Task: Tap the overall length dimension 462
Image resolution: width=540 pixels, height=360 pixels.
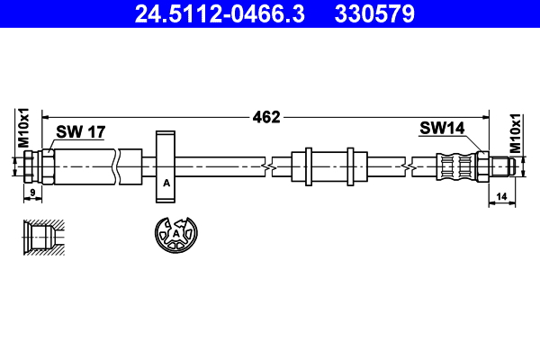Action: (266, 116)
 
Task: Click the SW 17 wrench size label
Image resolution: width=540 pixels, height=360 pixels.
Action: (81, 132)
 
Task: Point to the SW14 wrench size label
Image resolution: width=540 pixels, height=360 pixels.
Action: (441, 129)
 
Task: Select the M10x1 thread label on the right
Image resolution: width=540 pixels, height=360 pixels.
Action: (516, 132)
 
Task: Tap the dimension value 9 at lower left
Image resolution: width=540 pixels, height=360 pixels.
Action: (31, 192)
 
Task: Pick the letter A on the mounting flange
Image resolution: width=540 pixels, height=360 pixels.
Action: (166, 184)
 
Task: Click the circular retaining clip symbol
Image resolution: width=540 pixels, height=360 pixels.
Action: (175, 237)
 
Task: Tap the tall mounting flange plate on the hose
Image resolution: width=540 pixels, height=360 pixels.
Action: (166, 166)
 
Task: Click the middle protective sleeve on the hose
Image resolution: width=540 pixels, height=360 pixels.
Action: (328, 166)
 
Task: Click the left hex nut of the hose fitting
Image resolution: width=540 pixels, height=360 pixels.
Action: (31, 166)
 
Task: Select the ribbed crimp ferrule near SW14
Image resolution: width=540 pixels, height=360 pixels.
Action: (456, 166)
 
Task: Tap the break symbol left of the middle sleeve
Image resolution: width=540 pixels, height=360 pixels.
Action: (267, 166)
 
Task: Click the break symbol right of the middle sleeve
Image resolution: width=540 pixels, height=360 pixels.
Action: (409, 166)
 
